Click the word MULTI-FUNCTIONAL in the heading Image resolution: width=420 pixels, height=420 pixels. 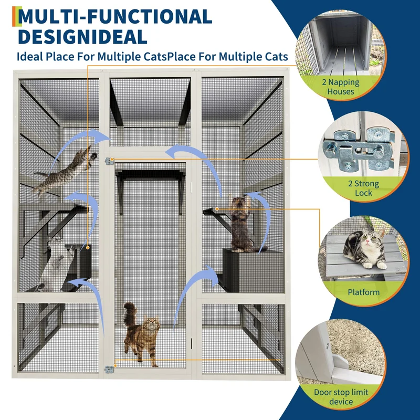[x=115, y=17]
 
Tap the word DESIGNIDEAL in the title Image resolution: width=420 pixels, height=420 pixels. [x=82, y=37]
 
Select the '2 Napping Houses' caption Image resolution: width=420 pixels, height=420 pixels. [x=340, y=87]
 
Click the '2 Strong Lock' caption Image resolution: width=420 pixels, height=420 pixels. [x=363, y=188]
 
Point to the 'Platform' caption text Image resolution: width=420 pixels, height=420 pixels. [x=363, y=292]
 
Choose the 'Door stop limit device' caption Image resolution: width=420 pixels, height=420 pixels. [x=341, y=397]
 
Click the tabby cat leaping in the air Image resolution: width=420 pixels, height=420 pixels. [x=64, y=172]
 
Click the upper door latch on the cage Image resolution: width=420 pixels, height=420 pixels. [x=109, y=161]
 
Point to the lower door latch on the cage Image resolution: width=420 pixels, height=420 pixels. [x=109, y=370]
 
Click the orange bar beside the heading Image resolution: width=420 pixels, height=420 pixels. [x=14, y=16]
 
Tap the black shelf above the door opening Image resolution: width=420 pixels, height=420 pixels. [x=150, y=175]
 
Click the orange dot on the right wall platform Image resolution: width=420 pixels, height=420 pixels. [x=217, y=208]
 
